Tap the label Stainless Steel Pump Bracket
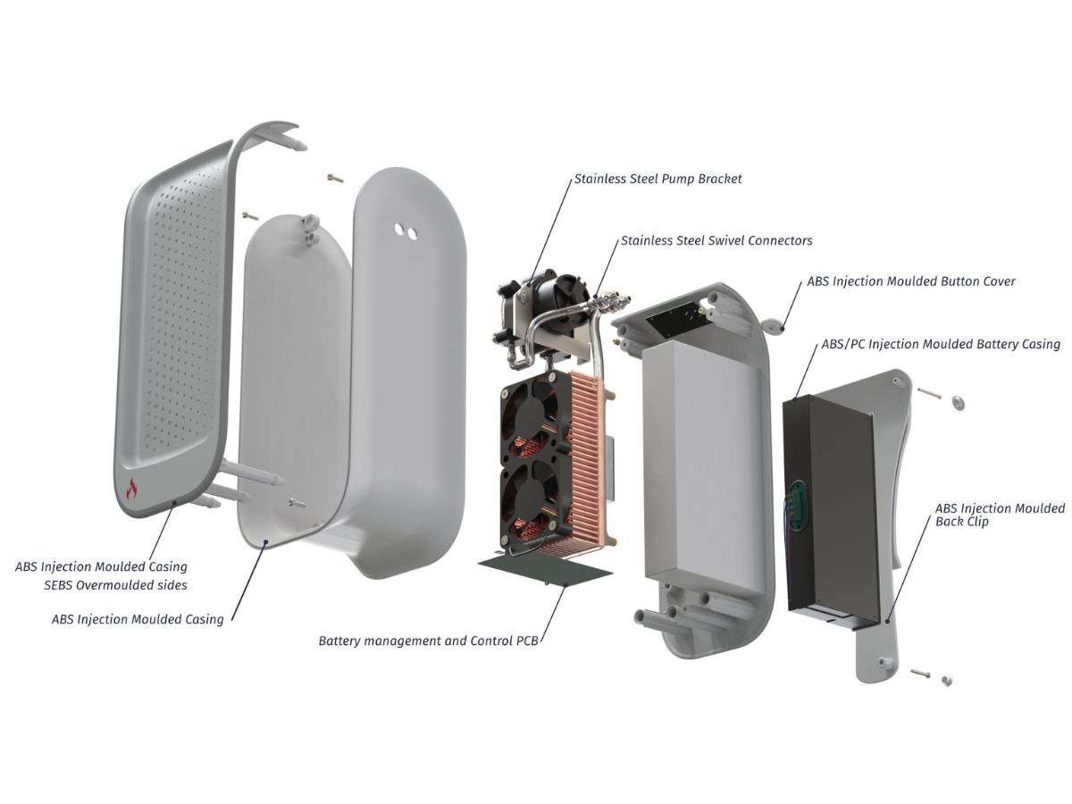(x=657, y=180)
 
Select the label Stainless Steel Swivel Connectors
(x=716, y=240)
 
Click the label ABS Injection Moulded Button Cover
(x=911, y=281)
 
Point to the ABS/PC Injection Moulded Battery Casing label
(x=941, y=344)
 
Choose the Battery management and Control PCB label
(x=428, y=641)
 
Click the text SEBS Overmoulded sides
(x=116, y=585)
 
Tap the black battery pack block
(x=830, y=507)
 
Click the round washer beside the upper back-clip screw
(x=959, y=403)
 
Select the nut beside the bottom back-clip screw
(x=946, y=680)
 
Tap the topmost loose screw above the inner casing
(x=335, y=178)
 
